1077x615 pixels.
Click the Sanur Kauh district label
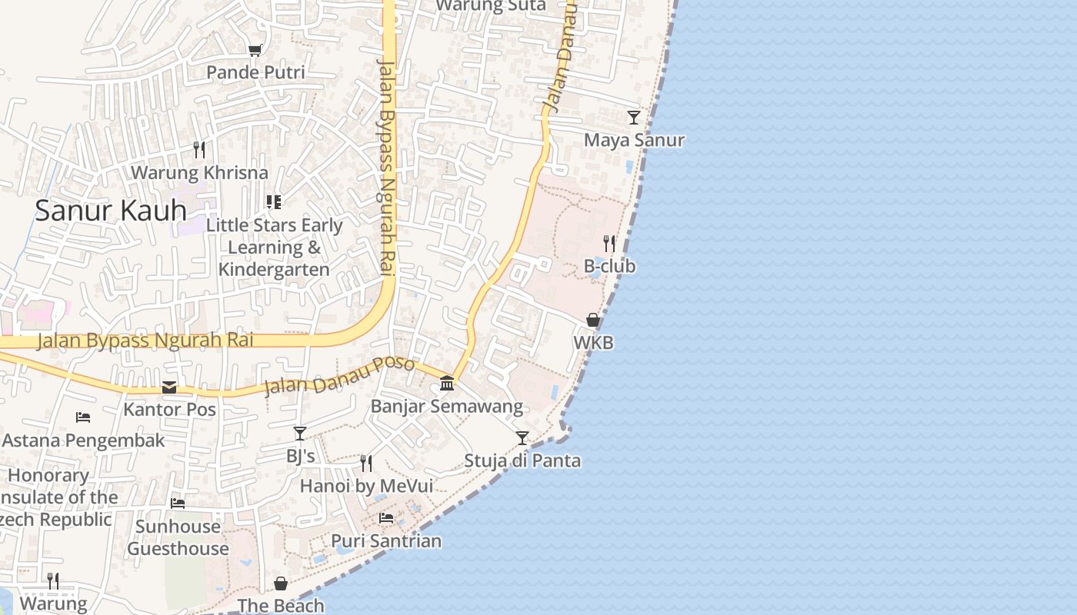(111, 210)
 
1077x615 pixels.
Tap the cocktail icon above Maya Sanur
(634, 118)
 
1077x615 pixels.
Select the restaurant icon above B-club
(609, 244)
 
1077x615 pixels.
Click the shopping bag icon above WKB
(593, 320)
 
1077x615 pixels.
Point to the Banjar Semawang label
(446, 406)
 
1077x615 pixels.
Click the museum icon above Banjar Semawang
(447, 383)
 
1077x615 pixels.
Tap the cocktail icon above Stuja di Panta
(522, 438)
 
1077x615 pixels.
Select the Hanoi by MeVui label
(366, 486)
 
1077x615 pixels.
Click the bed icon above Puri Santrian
(386, 518)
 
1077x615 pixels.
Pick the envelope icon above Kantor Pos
(169, 387)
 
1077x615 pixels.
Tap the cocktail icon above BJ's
(300, 434)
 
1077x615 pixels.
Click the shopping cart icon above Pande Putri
(255, 50)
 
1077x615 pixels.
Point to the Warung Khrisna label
(199, 172)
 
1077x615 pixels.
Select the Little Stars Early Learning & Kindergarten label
(274, 248)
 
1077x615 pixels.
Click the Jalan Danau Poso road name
(339, 375)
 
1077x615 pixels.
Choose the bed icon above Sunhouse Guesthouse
(178, 504)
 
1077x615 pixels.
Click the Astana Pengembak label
(84, 440)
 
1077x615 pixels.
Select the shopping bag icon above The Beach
(281, 583)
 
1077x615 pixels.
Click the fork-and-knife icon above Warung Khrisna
(199, 149)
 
